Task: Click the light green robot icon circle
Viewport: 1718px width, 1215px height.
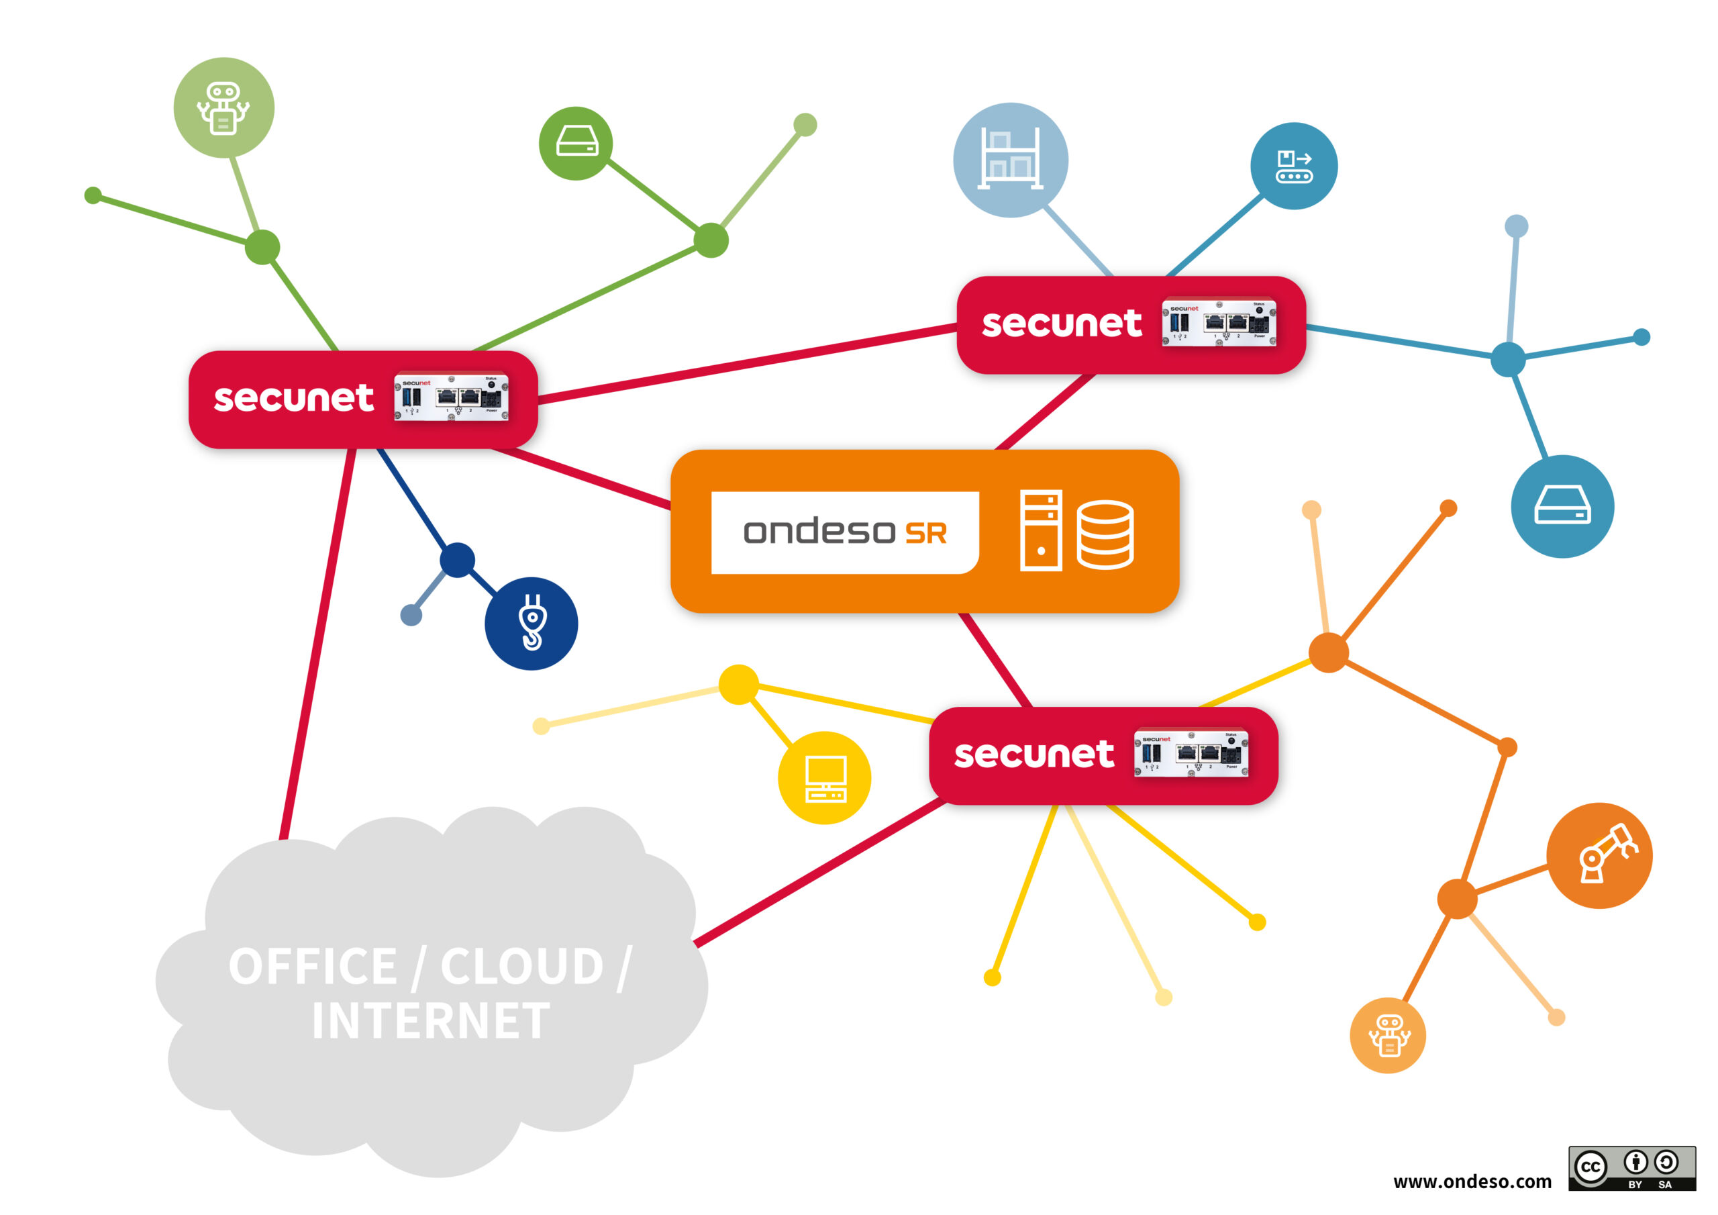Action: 223,108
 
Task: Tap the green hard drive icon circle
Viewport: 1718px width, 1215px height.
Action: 575,143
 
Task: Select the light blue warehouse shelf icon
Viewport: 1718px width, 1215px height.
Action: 1010,160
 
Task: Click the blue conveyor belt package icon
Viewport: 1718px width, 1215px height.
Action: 1294,166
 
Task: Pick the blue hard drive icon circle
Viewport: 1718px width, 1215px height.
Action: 1562,506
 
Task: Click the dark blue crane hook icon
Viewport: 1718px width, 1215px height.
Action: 532,623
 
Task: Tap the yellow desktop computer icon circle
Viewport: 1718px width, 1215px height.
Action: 825,778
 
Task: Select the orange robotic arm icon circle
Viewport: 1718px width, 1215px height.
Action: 1599,856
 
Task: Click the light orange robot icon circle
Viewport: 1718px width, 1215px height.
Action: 1387,1035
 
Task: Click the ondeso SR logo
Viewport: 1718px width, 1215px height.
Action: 845,532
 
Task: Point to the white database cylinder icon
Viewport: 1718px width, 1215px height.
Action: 1105,534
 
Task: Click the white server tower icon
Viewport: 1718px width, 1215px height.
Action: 1041,530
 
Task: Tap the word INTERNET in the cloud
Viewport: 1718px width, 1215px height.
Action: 431,1021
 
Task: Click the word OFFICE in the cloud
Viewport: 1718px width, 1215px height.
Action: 313,967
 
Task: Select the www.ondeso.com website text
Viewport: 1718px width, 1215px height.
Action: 1472,1181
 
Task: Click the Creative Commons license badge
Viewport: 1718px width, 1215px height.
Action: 1632,1169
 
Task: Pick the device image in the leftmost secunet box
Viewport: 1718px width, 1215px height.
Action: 451,397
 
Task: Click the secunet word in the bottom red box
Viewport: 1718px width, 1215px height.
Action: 1033,755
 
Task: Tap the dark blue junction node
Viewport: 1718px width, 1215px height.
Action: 457,560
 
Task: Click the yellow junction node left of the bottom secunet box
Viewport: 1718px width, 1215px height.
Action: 738,684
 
